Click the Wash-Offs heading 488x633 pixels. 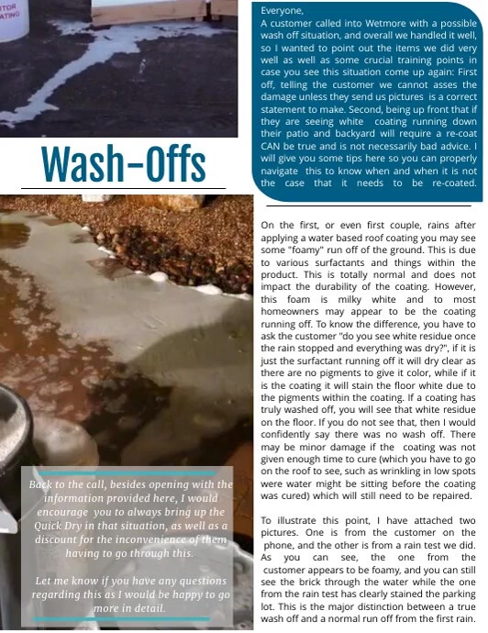click(x=123, y=163)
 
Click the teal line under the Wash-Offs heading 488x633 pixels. click(x=122, y=190)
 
